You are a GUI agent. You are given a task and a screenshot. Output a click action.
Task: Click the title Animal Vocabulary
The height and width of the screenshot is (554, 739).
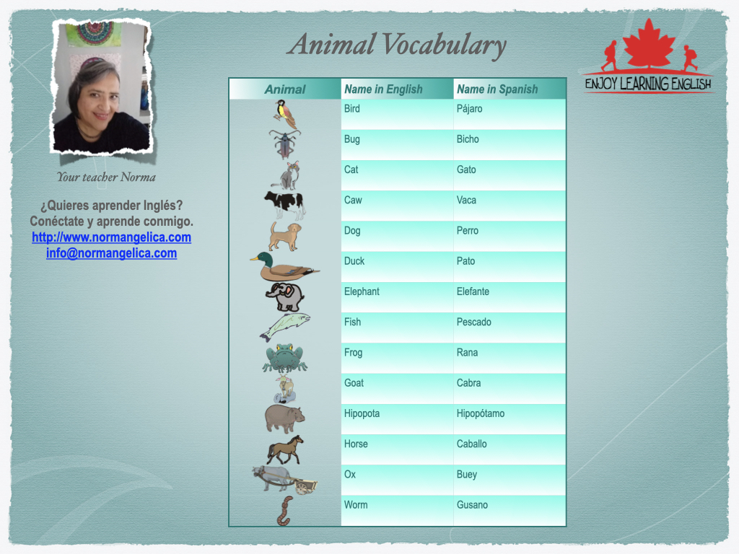pos(397,45)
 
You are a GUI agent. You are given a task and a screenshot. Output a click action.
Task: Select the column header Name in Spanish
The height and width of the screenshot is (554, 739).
pos(497,89)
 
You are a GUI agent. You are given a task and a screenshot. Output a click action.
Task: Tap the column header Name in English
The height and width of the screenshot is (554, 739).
pos(383,89)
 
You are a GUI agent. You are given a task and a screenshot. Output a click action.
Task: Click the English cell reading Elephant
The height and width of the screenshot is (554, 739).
pos(362,291)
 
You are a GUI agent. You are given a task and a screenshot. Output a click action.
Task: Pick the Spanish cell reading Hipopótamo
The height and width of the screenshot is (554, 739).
pos(480,413)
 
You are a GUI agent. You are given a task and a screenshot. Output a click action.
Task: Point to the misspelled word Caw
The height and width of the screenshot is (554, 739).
pos(353,201)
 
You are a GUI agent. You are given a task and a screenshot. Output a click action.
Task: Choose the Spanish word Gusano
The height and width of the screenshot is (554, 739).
pos(472,505)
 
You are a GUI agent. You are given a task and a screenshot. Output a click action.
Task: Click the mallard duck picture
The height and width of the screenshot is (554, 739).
pos(284,267)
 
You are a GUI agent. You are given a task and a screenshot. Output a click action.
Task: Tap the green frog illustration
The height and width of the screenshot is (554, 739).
pos(284,358)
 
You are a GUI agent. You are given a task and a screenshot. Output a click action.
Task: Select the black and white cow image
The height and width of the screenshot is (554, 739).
pos(284,206)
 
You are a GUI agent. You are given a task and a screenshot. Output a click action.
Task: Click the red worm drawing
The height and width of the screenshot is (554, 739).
pos(284,511)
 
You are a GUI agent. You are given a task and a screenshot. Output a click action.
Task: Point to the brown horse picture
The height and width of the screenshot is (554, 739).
pos(284,450)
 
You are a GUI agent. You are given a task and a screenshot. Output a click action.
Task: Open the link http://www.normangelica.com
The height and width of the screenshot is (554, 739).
pos(111,237)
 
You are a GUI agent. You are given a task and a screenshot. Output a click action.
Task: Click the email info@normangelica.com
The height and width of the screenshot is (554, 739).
pos(111,253)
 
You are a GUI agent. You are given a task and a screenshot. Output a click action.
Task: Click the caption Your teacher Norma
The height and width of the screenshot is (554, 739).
pos(106,177)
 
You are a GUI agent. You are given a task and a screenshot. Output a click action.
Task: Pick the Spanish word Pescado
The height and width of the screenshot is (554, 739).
pos(473,322)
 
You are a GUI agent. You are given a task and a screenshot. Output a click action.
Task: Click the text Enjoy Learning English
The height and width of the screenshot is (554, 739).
pos(648,84)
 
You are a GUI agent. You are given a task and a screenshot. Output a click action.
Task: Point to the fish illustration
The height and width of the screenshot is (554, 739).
pos(284,327)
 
